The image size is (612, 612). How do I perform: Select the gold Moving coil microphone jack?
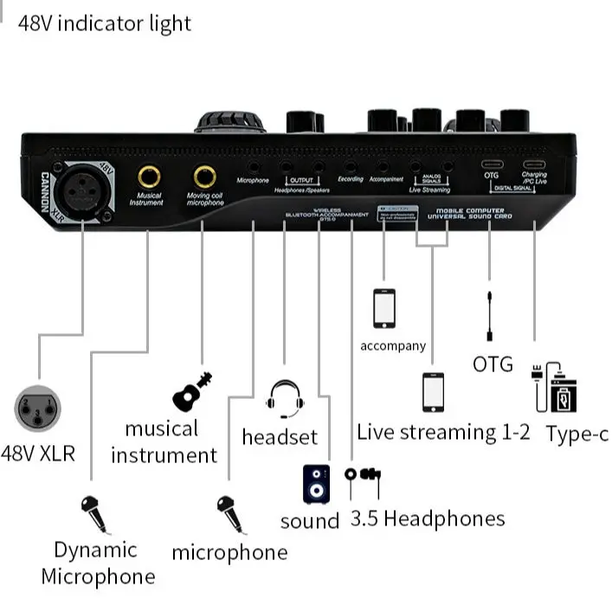click(x=205, y=177)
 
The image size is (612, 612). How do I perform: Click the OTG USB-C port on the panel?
click(x=491, y=164)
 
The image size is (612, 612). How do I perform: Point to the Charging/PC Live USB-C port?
click(x=533, y=164)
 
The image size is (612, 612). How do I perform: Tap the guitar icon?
click(x=193, y=391)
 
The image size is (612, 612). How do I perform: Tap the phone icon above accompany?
click(x=383, y=309)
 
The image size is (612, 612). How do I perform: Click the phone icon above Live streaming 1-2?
click(x=433, y=393)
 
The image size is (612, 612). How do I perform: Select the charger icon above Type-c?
click(x=554, y=387)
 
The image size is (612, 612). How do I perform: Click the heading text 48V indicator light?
click(x=105, y=23)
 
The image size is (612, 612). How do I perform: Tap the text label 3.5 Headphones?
click(x=427, y=519)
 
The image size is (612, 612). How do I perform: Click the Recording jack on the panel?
click(x=350, y=164)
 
